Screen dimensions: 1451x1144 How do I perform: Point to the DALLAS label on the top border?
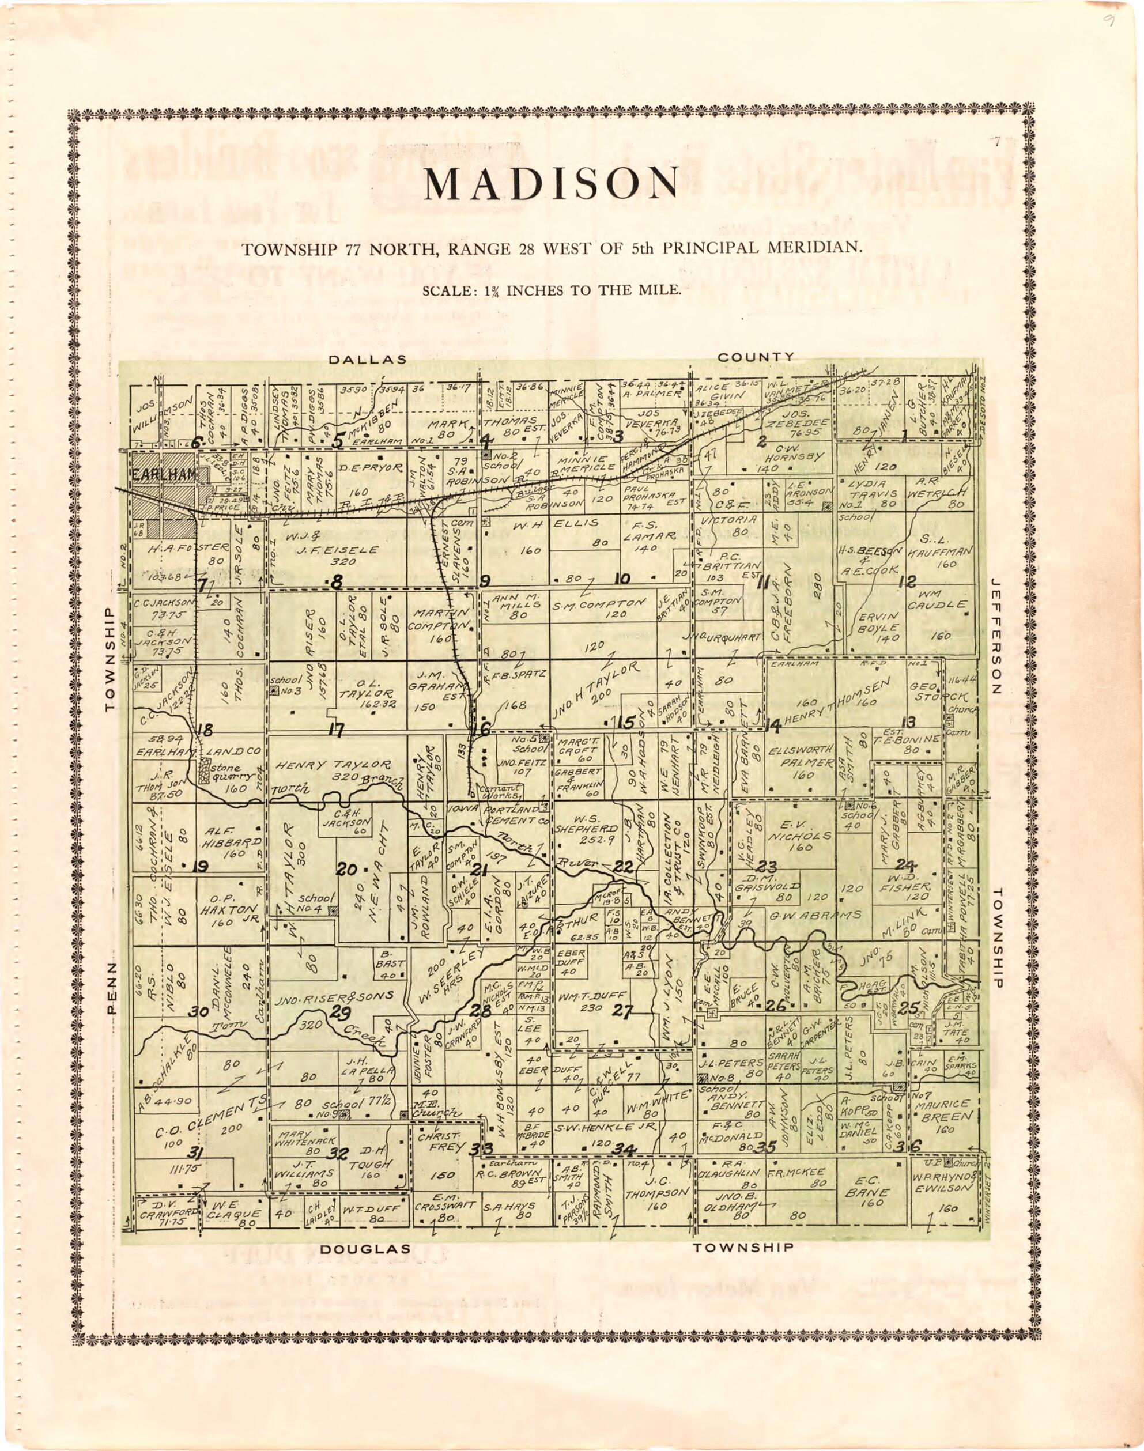click(x=367, y=360)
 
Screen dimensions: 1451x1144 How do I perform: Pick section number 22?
click(x=624, y=867)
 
